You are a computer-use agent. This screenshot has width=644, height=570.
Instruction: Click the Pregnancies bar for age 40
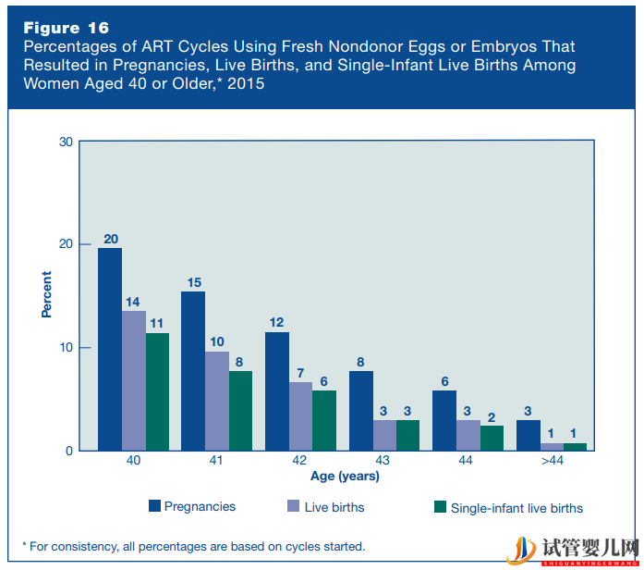pyautogui.click(x=110, y=350)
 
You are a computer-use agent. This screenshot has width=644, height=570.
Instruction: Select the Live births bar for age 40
pyautogui.click(x=134, y=380)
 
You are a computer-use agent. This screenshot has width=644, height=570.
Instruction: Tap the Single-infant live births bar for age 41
pyautogui.click(x=241, y=411)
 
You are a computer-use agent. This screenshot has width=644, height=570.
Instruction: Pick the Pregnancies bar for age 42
pyautogui.click(x=277, y=391)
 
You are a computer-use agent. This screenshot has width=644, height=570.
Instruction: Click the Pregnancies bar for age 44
pyautogui.click(x=444, y=420)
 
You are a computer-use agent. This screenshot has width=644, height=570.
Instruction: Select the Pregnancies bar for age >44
pyautogui.click(x=529, y=435)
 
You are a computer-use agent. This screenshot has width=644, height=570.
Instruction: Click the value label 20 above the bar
pyautogui.click(x=110, y=239)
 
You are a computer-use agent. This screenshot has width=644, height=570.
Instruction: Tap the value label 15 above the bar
pyautogui.click(x=193, y=281)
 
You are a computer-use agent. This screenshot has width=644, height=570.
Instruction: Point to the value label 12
pyautogui.click(x=277, y=322)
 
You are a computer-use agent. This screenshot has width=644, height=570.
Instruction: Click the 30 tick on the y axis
pyautogui.click(x=66, y=142)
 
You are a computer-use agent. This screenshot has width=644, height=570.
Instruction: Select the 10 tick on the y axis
pyautogui.click(x=66, y=348)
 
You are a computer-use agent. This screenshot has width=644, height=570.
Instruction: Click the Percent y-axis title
pyautogui.click(x=46, y=295)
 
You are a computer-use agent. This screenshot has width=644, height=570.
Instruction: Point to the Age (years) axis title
pyautogui.click(x=344, y=477)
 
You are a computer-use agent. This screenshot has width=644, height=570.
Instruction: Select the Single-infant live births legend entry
pyautogui.click(x=508, y=507)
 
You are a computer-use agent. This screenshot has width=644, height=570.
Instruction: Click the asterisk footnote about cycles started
pyautogui.click(x=193, y=546)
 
